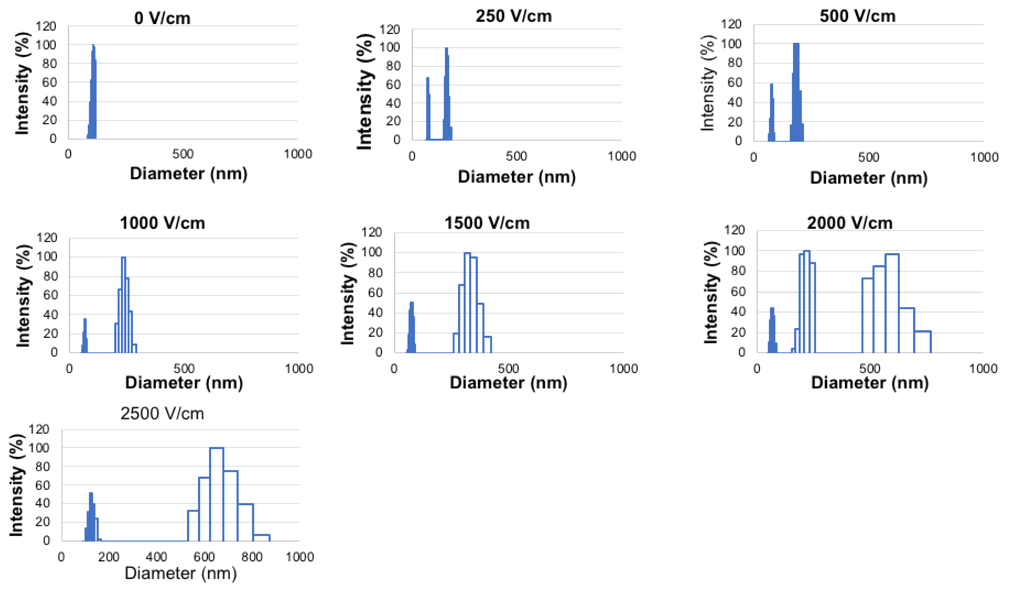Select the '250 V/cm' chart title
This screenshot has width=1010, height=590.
pyautogui.click(x=513, y=16)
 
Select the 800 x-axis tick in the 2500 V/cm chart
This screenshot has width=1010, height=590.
pyautogui.click(x=252, y=557)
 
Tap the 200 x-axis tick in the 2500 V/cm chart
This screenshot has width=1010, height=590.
pyautogui.click(x=109, y=557)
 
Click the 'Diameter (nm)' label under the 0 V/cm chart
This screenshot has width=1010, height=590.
pyautogui.click(x=188, y=173)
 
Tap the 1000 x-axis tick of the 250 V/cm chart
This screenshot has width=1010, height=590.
pyautogui.click(x=622, y=156)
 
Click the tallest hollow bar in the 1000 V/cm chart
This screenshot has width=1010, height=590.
pyautogui.click(x=123, y=304)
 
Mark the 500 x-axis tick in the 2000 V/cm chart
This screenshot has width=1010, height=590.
pyautogui.click(x=870, y=368)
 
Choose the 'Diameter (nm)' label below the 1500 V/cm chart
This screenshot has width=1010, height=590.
pyautogui.click(x=508, y=383)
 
